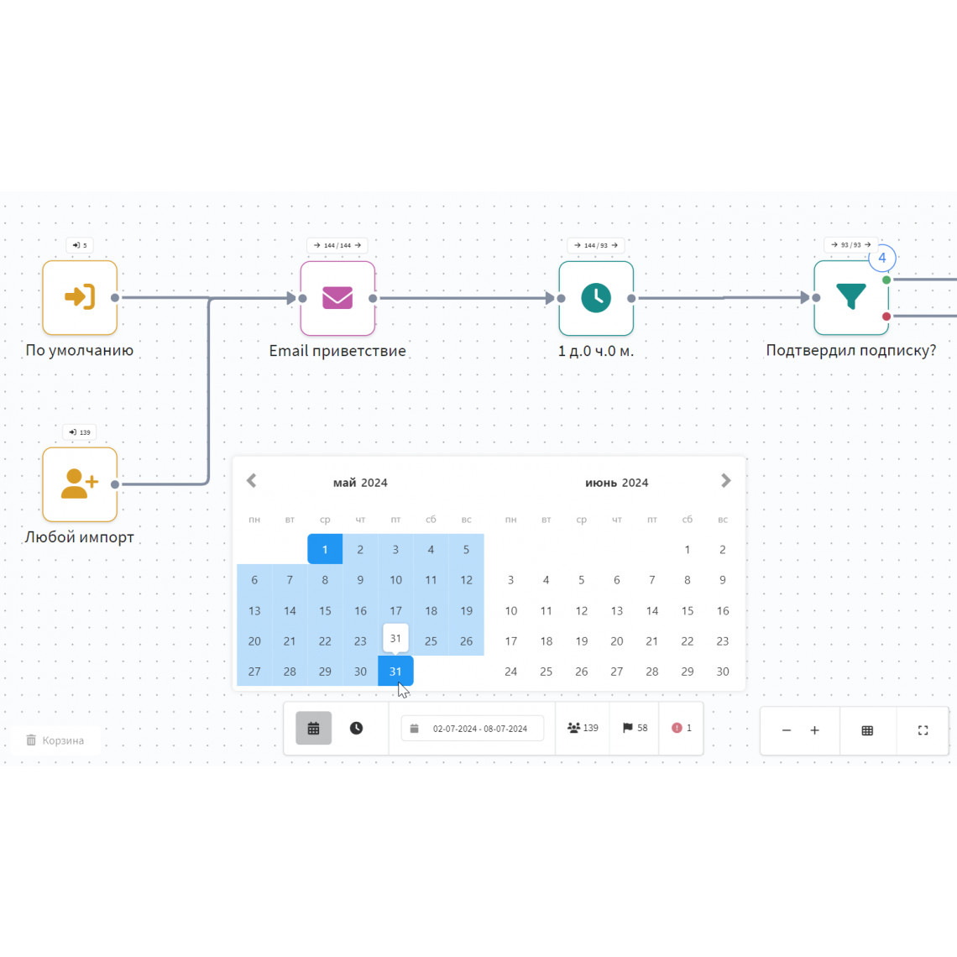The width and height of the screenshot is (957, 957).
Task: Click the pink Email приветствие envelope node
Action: click(x=337, y=298)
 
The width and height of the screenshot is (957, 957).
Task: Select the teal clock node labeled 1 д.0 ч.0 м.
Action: click(x=596, y=298)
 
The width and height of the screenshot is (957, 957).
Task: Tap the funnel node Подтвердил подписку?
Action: click(x=850, y=298)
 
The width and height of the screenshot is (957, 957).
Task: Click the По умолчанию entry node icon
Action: click(x=80, y=297)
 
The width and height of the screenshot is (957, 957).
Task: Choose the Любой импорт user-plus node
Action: click(x=80, y=484)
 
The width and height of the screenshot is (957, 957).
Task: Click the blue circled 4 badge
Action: click(x=882, y=258)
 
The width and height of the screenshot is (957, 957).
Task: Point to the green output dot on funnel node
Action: click(x=886, y=280)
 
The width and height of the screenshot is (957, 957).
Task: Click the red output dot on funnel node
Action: click(x=886, y=316)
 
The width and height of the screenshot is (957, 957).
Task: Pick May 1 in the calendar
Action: click(x=325, y=549)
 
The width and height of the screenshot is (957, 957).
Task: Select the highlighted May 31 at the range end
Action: click(x=395, y=672)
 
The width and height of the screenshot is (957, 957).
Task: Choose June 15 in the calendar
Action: click(x=688, y=610)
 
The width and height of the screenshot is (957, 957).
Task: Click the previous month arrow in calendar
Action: click(x=252, y=481)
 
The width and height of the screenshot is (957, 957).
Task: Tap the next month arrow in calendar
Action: click(x=725, y=481)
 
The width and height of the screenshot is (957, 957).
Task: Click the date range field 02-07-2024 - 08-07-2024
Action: click(x=473, y=728)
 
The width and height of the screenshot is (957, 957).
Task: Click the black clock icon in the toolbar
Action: click(x=357, y=728)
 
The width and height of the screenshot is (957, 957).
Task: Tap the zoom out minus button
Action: click(x=786, y=730)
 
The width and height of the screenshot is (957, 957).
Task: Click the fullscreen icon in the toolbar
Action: click(x=923, y=730)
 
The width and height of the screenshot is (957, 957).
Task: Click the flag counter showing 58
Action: click(x=635, y=728)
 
